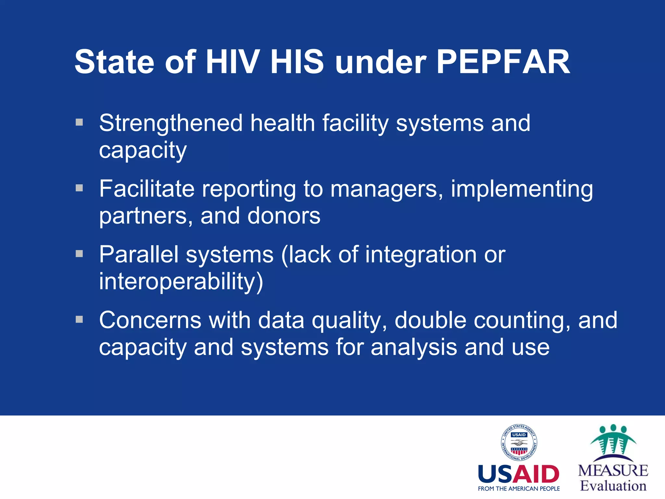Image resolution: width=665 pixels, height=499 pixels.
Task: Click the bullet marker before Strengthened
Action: [79, 122]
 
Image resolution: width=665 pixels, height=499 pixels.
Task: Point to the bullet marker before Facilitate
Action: [79, 188]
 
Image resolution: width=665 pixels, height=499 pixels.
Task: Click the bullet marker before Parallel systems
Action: [79, 253]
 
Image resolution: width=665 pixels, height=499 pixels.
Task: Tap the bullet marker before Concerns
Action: [79, 319]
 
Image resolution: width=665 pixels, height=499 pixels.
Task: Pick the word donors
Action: [284, 216]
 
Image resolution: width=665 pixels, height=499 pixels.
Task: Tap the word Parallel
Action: [139, 254]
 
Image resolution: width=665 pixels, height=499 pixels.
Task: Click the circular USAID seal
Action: [519, 442]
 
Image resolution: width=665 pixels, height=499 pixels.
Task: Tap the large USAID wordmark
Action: [519, 474]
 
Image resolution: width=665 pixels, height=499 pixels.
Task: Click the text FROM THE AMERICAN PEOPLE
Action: [519, 489]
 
